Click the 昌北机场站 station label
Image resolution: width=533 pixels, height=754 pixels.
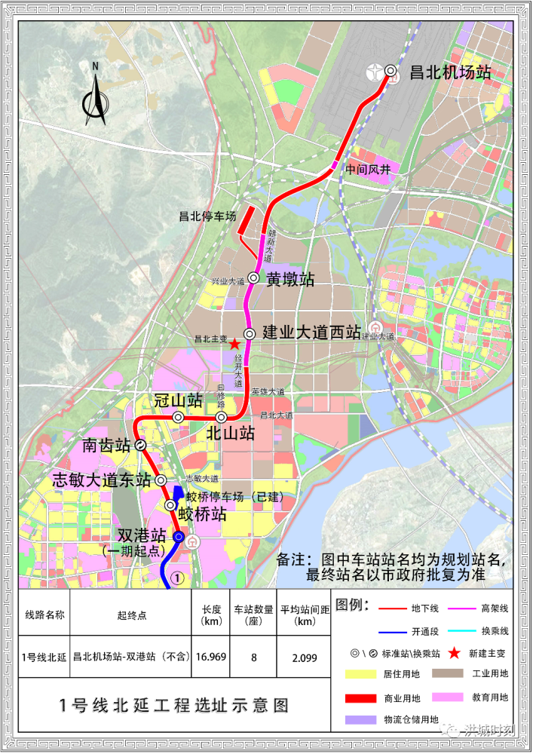[x=450, y=72]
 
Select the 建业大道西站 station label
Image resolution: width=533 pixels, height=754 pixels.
[x=311, y=333]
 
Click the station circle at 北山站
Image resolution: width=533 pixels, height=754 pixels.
[x=221, y=417]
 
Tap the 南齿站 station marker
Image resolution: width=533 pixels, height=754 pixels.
[x=141, y=445]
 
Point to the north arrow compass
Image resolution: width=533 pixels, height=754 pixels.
[x=96, y=94]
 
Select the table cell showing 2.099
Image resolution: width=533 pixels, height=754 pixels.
[x=305, y=657]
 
